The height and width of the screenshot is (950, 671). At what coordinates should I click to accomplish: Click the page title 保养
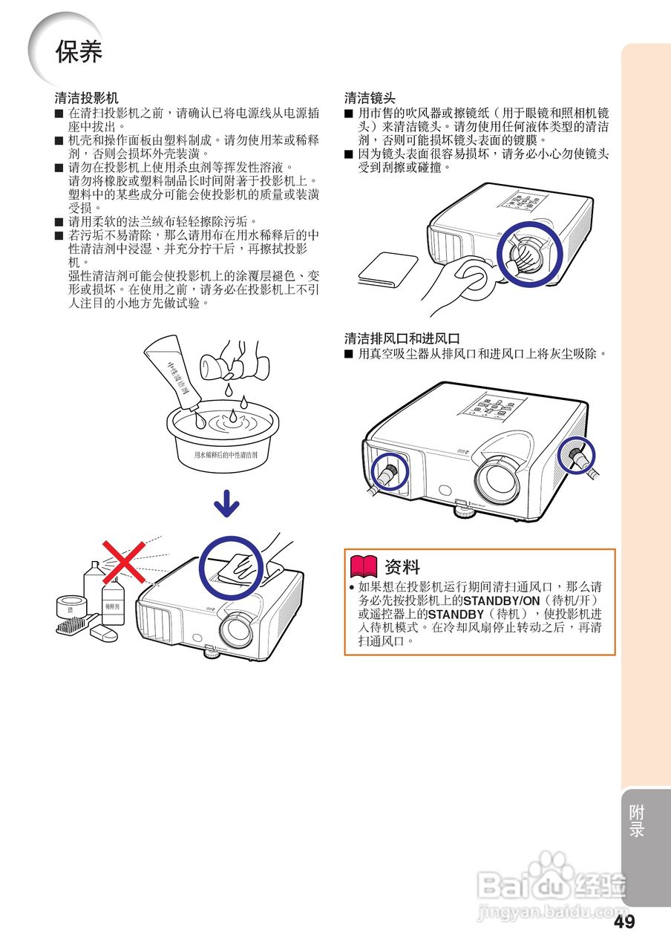tap(78, 52)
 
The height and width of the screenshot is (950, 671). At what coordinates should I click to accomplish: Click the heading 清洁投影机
tap(86, 98)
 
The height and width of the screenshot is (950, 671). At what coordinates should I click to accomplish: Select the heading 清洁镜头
tap(370, 98)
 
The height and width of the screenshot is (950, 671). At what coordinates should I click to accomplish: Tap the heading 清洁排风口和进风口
tap(402, 339)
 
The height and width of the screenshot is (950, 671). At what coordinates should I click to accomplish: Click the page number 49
tap(624, 922)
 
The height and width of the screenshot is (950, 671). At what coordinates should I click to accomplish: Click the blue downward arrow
tap(226, 505)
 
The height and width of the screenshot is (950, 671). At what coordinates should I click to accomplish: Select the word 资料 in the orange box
tap(402, 568)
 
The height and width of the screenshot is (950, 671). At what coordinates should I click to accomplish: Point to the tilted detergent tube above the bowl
tap(175, 374)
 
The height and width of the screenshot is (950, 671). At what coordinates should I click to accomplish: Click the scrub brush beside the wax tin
tap(73, 626)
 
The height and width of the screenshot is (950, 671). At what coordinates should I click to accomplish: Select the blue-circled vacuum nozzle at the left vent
tap(387, 471)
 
